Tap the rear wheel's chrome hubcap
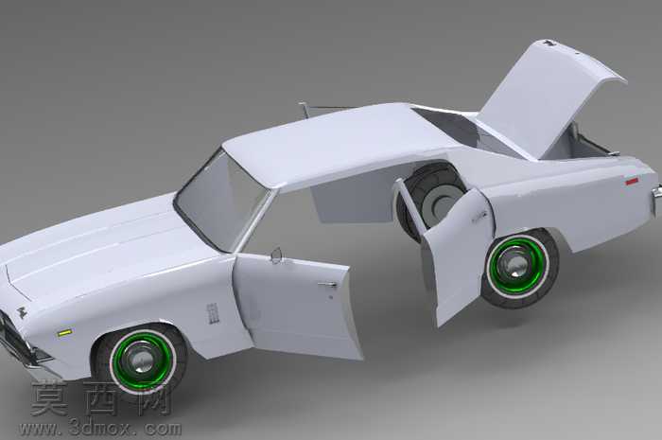pyautogui.click(x=514, y=265)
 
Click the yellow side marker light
pyautogui.click(x=64, y=333)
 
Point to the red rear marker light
pyautogui.click(x=632, y=182)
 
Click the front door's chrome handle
pyautogui.click(x=327, y=285)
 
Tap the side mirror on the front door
pyautogui.click(x=276, y=255)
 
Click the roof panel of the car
pyautogui.click(x=334, y=144)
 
